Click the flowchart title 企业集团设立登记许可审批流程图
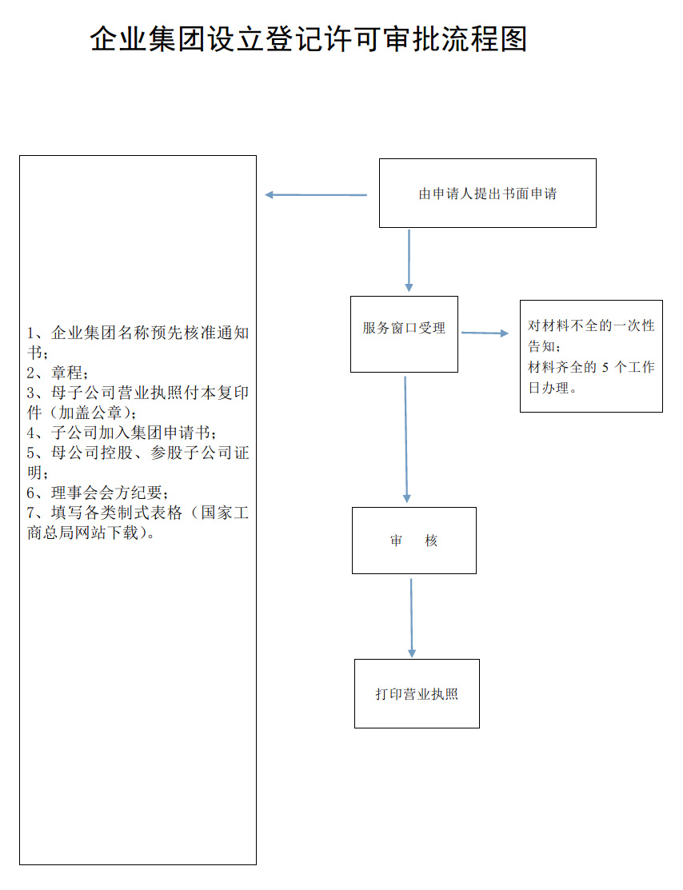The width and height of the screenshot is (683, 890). (x=309, y=39)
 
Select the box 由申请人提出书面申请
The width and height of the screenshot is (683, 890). (x=487, y=194)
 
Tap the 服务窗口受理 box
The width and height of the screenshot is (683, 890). (x=404, y=334)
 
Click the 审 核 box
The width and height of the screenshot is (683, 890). (x=413, y=541)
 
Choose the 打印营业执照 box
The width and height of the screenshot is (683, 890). (x=417, y=693)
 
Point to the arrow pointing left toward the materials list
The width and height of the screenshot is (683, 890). (x=316, y=194)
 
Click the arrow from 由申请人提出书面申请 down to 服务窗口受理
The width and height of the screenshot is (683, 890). (x=409, y=261)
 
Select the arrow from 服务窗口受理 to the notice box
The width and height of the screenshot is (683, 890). (x=485, y=333)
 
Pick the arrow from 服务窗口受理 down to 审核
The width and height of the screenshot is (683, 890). (x=406, y=440)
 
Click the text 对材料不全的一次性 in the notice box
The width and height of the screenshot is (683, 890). (x=591, y=326)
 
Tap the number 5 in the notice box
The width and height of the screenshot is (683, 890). (x=605, y=368)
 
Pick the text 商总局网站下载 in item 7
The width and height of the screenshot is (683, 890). (x=82, y=533)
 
